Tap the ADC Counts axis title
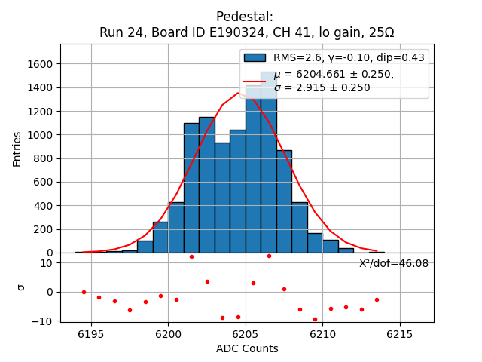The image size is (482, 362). [247, 348]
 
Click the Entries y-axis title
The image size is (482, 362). [17, 149]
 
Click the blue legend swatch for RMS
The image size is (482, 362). [255, 57]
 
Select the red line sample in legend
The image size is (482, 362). [255, 80]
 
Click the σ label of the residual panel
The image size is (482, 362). [21, 287]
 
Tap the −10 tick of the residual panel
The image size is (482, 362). [44, 321]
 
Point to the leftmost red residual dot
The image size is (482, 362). [84, 292]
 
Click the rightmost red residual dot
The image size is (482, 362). [377, 299]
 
